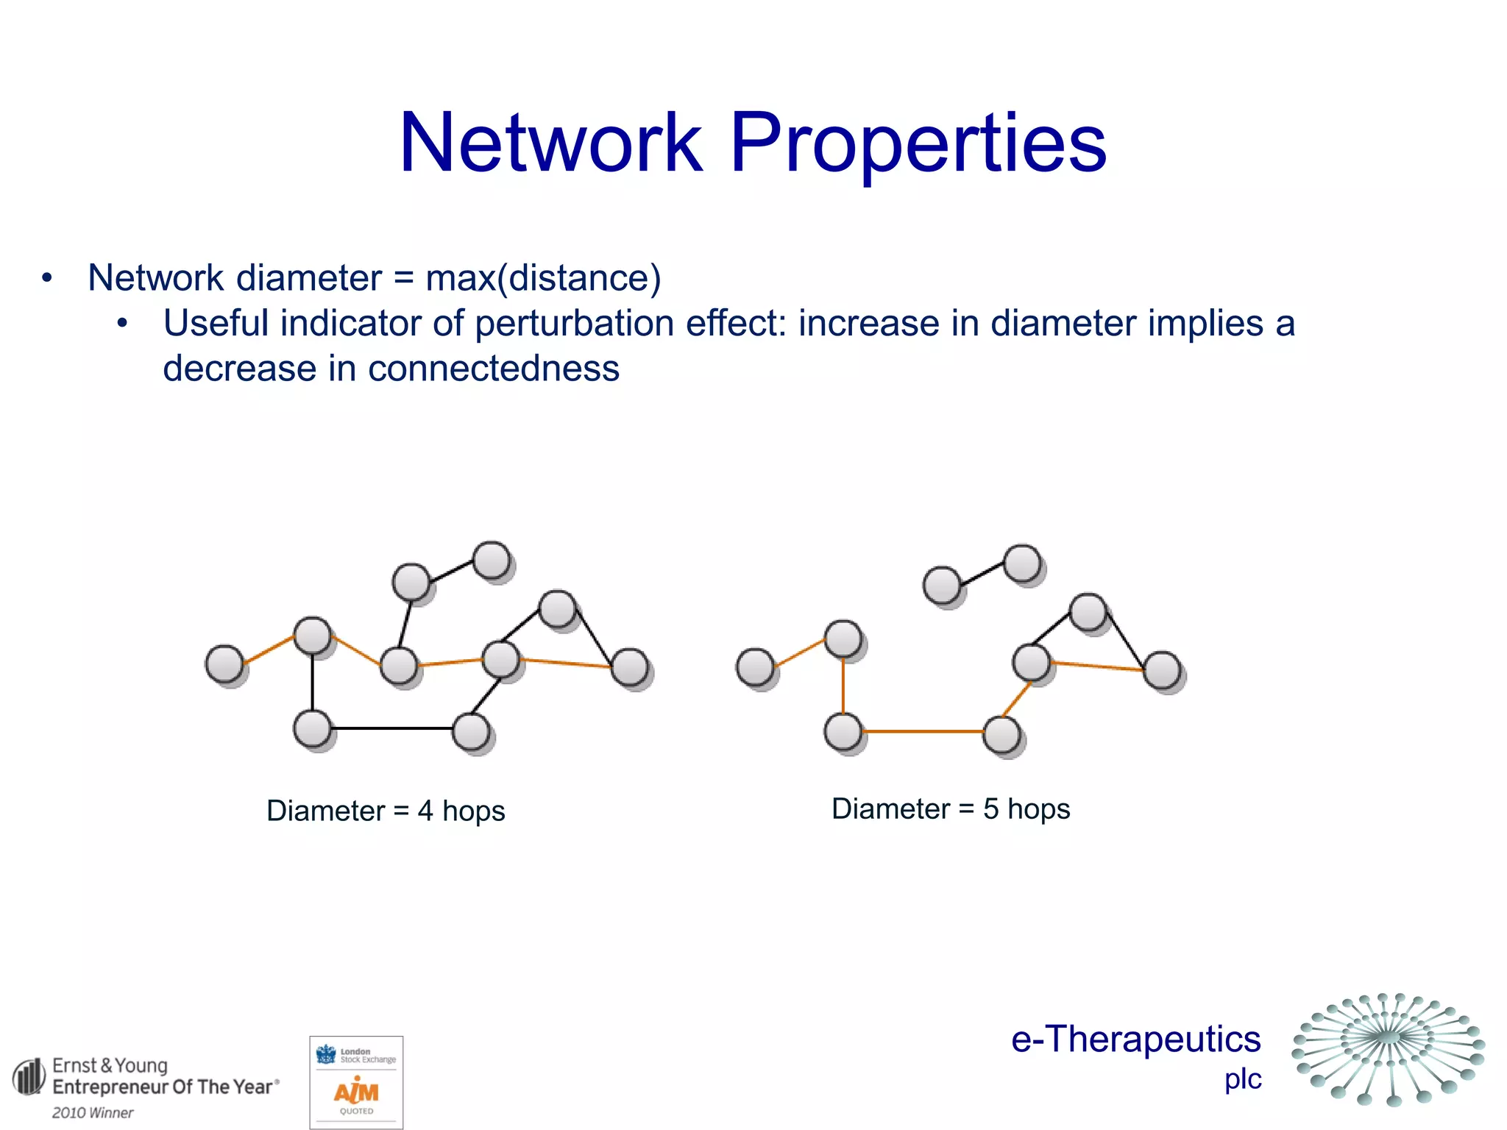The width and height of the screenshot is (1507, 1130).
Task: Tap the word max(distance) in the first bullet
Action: tap(543, 278)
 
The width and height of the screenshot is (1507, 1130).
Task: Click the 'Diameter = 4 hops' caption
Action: tap(386, 811)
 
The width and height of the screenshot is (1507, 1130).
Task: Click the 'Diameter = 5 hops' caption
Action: tap(951, 809)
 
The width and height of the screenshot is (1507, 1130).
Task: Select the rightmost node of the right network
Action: tap(1163, 670)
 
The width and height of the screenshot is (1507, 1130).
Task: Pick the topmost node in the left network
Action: tap(492, 561)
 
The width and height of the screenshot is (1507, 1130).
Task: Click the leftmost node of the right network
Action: tap(756, 667)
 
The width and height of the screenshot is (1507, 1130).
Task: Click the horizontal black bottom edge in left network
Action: tap(391, 728)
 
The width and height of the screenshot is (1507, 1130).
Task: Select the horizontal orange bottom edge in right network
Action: tap(923, 731)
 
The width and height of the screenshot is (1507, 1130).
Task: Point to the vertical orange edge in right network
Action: tap(843, 686)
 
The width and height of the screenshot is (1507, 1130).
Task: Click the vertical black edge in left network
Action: tap(313, 683)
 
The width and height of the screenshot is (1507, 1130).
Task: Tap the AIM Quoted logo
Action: tap(356, 1082)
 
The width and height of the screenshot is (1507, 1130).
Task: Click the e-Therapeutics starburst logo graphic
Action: tap(1389, 1048)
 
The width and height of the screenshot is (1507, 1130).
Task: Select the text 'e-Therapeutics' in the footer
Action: tap(1135, 1039)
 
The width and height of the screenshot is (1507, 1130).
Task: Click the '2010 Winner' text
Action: tap(93, 1112)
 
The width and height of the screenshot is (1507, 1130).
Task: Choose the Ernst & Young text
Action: tap(110, 1065)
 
